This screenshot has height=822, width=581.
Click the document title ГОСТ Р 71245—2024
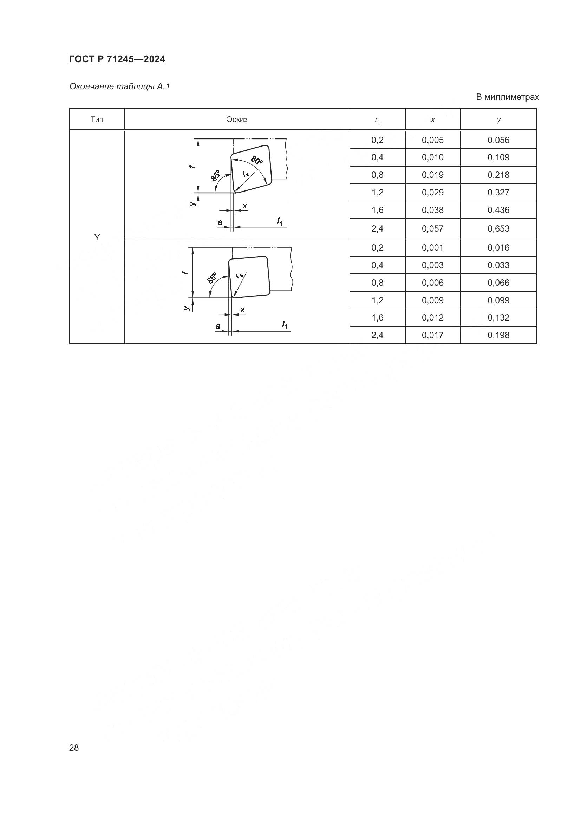[117, 59]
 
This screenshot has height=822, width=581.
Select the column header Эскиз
[237, 119]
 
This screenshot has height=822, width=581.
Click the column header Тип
[97, 119]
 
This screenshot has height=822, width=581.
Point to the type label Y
[97, 237]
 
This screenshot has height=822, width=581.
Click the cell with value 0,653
[498, 228]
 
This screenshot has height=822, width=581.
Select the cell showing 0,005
[432, 140]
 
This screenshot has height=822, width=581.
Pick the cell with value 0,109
[498, 157]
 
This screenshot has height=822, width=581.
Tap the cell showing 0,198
[498, 335]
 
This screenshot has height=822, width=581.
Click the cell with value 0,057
[432, 228]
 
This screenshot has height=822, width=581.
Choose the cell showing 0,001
[432, 247]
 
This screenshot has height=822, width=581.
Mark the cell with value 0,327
[498, 192]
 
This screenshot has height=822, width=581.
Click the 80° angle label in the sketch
[257, 160]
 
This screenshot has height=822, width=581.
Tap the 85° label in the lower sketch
[212, 278]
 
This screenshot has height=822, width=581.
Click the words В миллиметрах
[507, 97]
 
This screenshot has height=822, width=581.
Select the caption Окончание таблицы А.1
[119, 86]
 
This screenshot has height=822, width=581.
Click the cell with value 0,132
[498, 318]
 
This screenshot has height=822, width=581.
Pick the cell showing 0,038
[432, 210]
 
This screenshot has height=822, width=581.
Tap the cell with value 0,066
[498, 283]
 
